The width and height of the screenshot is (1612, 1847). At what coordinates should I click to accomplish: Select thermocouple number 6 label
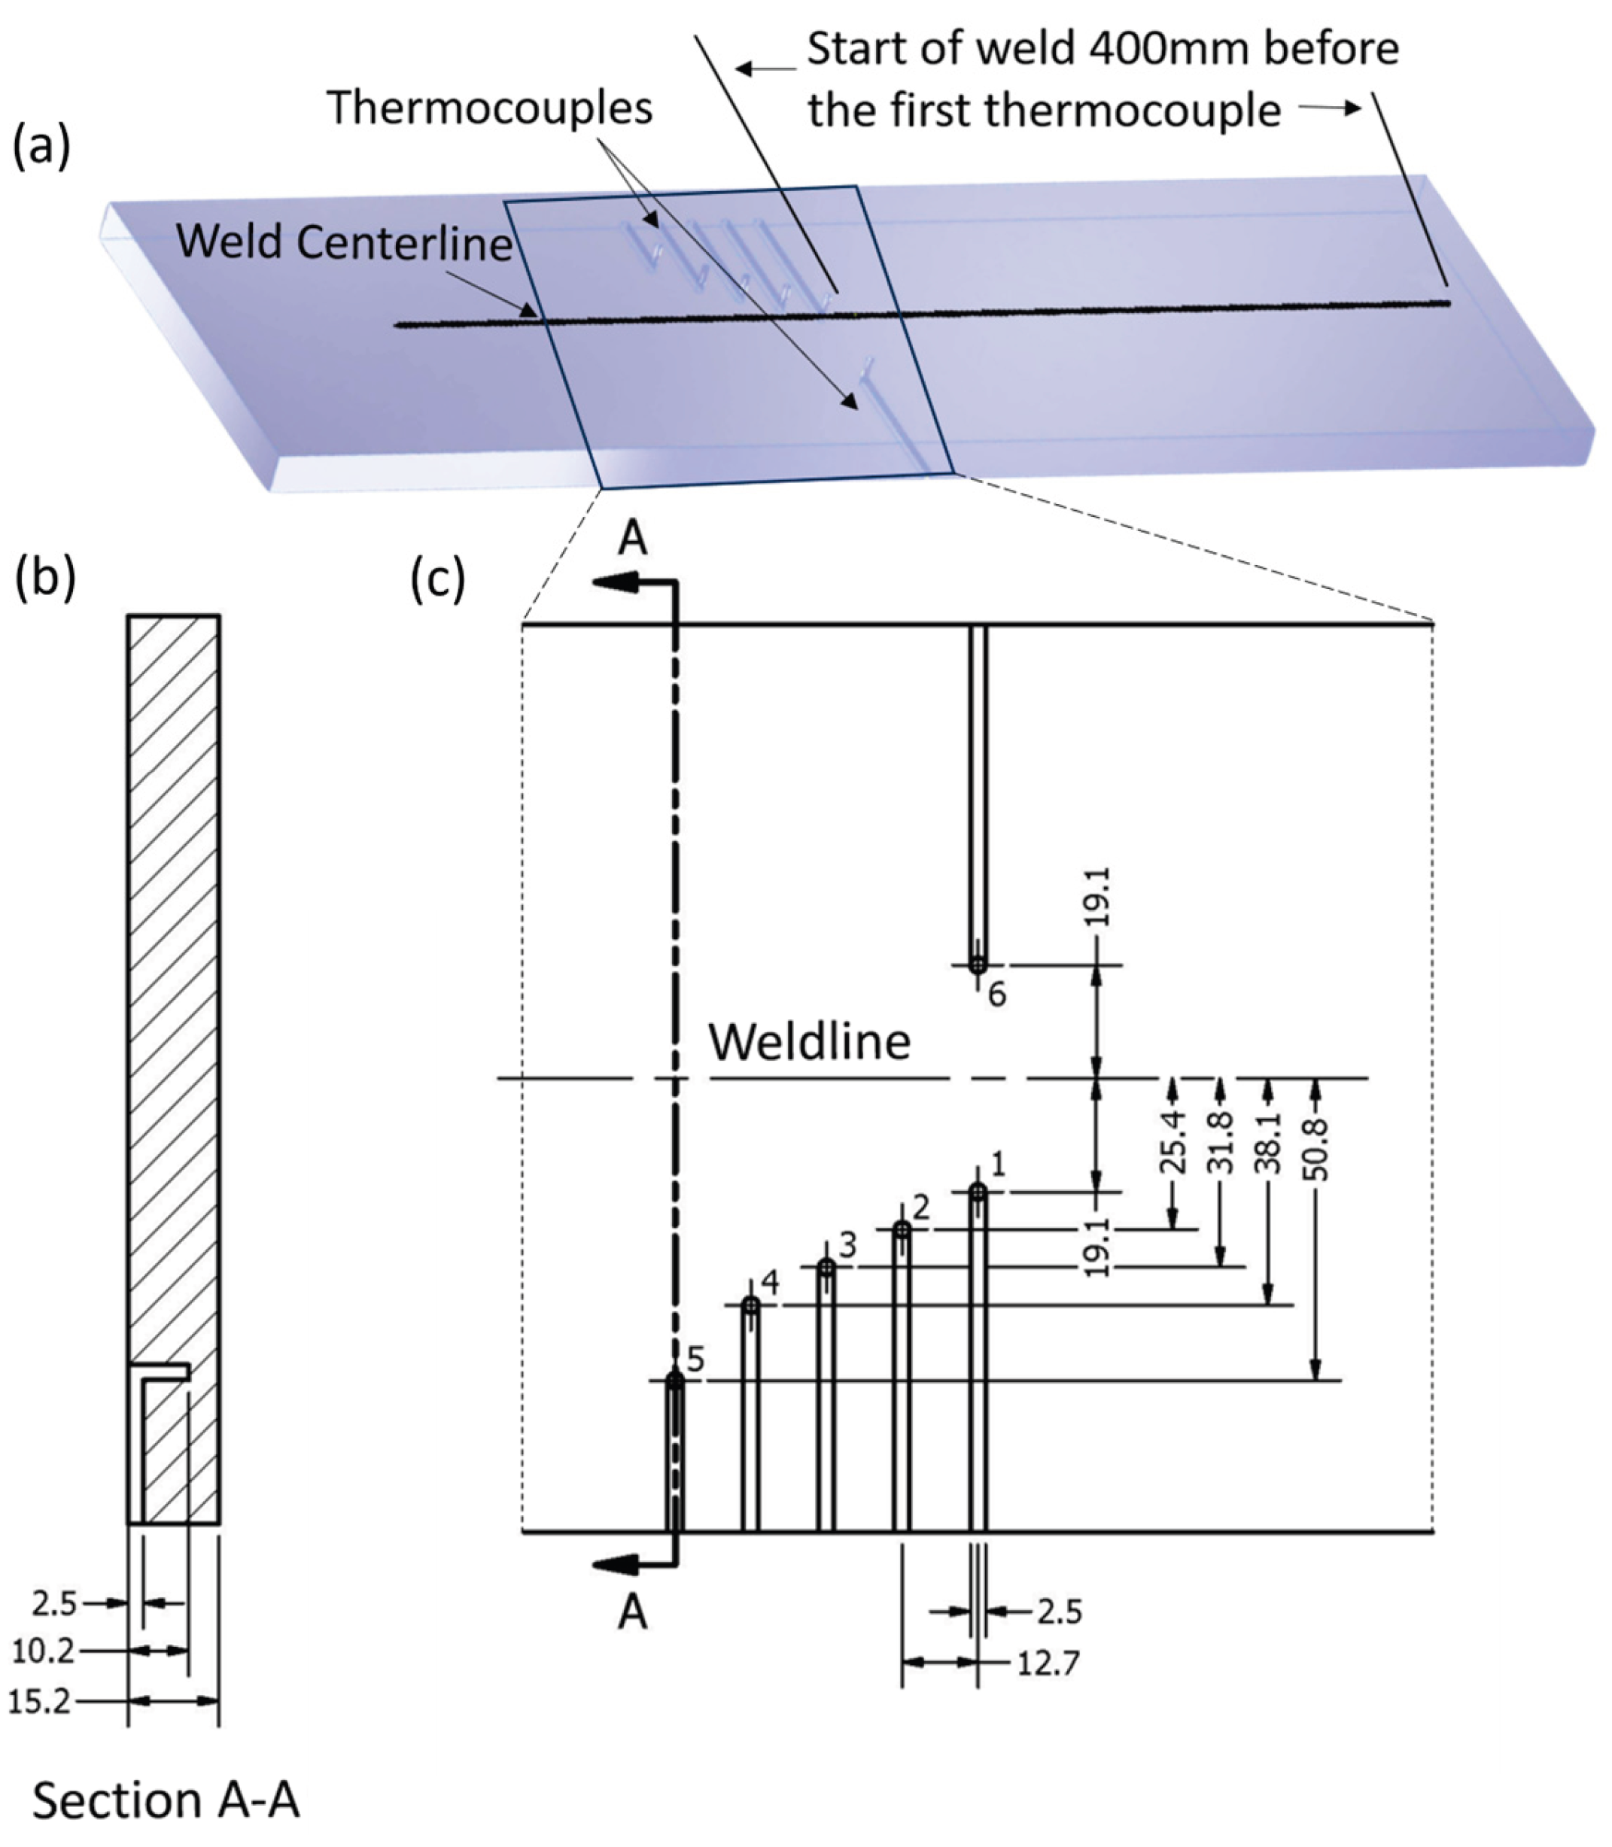996,995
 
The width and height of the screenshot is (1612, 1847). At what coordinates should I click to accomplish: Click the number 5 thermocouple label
695,1359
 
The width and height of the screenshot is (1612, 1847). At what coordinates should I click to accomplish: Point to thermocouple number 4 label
770,1282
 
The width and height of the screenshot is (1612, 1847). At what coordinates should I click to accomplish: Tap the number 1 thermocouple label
996,1166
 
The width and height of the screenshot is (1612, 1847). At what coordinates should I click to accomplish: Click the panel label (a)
41,147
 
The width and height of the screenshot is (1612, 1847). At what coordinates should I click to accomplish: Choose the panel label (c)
438,580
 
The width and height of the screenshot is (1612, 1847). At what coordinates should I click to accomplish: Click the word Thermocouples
490,108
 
